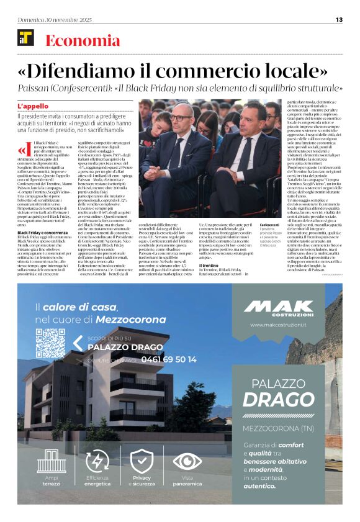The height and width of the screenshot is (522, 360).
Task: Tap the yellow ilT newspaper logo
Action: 26,38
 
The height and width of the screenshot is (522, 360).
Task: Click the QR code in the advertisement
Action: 50,343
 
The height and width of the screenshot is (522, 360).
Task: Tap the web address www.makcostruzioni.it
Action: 278,325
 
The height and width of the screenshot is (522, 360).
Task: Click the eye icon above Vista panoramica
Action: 187,461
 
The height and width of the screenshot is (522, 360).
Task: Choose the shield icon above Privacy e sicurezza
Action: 142,461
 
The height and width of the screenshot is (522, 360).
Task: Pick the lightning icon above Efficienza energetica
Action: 96,461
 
